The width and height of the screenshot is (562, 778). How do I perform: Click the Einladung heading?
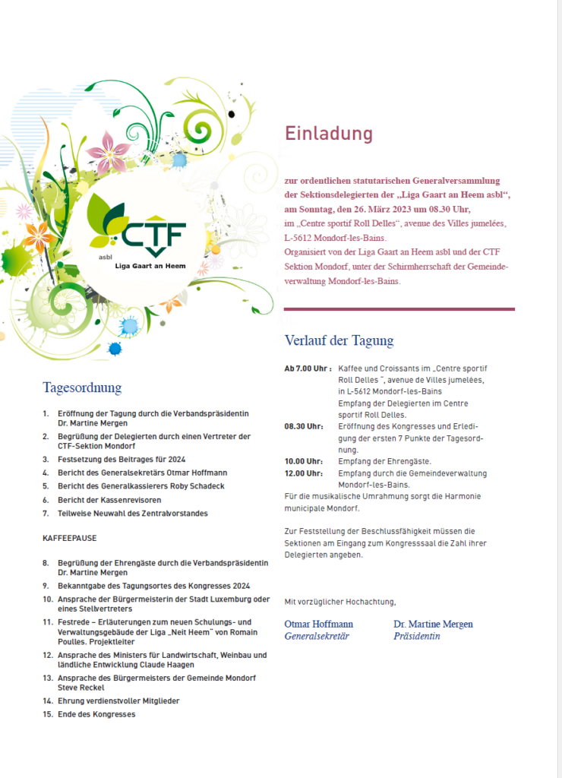329,134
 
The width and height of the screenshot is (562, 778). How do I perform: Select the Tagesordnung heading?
82,387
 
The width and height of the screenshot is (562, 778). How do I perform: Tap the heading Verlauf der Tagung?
339,340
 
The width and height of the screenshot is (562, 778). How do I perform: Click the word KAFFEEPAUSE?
68,538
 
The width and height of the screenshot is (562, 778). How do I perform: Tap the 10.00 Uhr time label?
304,461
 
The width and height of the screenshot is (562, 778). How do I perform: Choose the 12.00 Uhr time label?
304,473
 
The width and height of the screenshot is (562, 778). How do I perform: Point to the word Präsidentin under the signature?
416,636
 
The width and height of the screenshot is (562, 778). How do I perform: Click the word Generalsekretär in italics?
316,636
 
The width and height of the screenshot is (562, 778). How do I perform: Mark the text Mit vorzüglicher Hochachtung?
340,602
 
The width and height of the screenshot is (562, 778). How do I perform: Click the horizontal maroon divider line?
399,309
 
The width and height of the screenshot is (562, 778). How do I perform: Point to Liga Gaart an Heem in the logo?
148,265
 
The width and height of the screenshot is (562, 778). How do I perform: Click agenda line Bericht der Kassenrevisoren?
109,500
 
